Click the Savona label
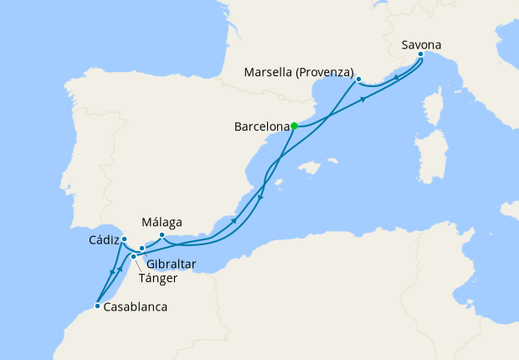(x=422, y=45)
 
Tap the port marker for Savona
(x=420, y=56)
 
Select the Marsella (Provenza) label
(x=299, y=71)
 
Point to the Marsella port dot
(x=358, y=80)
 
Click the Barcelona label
(x=261, y=129)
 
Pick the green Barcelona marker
(x=294, y=126)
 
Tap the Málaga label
(x=162, y=223)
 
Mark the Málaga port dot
(x=162, y=235)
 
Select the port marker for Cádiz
(x=124, y=239)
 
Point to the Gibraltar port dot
(x=142, y=248)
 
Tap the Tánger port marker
(x=133, y=256)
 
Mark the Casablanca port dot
(x=97, y=306)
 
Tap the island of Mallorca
(x=310, y=168)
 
